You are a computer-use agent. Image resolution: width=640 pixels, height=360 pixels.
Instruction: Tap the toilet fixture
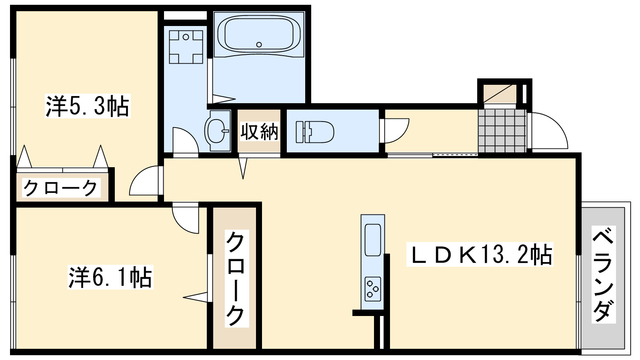point(315,132)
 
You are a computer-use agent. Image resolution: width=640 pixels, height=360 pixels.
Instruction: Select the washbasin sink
point(217,130)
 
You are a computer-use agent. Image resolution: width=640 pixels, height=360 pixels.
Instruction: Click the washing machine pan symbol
point(185,47)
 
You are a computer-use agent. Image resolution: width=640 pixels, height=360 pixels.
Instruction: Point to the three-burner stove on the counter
point(373,289)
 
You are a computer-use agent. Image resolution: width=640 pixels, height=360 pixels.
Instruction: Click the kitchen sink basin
point(373,240)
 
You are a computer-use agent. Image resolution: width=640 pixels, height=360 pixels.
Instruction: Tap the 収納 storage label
point(259,131)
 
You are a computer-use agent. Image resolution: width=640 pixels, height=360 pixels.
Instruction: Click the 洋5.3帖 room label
point(88,106)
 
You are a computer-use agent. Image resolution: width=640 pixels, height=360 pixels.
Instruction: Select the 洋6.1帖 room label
point(110,277)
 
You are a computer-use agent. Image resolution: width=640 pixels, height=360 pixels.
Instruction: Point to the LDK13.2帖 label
point(480,254)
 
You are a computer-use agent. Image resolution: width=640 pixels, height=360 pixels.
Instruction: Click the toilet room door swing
point(396,130)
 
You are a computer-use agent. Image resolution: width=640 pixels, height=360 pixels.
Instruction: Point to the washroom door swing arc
point(185,140)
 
